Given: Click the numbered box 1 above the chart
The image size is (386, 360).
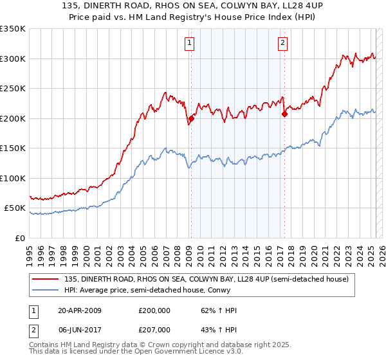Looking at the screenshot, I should click(x=190, y=44).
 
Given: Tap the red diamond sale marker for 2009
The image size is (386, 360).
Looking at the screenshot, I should click(x=191, y=119).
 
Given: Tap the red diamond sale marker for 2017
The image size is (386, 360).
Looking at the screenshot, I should click(x=284, y=114).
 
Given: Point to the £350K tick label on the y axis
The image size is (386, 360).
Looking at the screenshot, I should click(x=14, y=29).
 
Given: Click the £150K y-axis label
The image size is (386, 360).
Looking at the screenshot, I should click(x=14, y=148).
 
